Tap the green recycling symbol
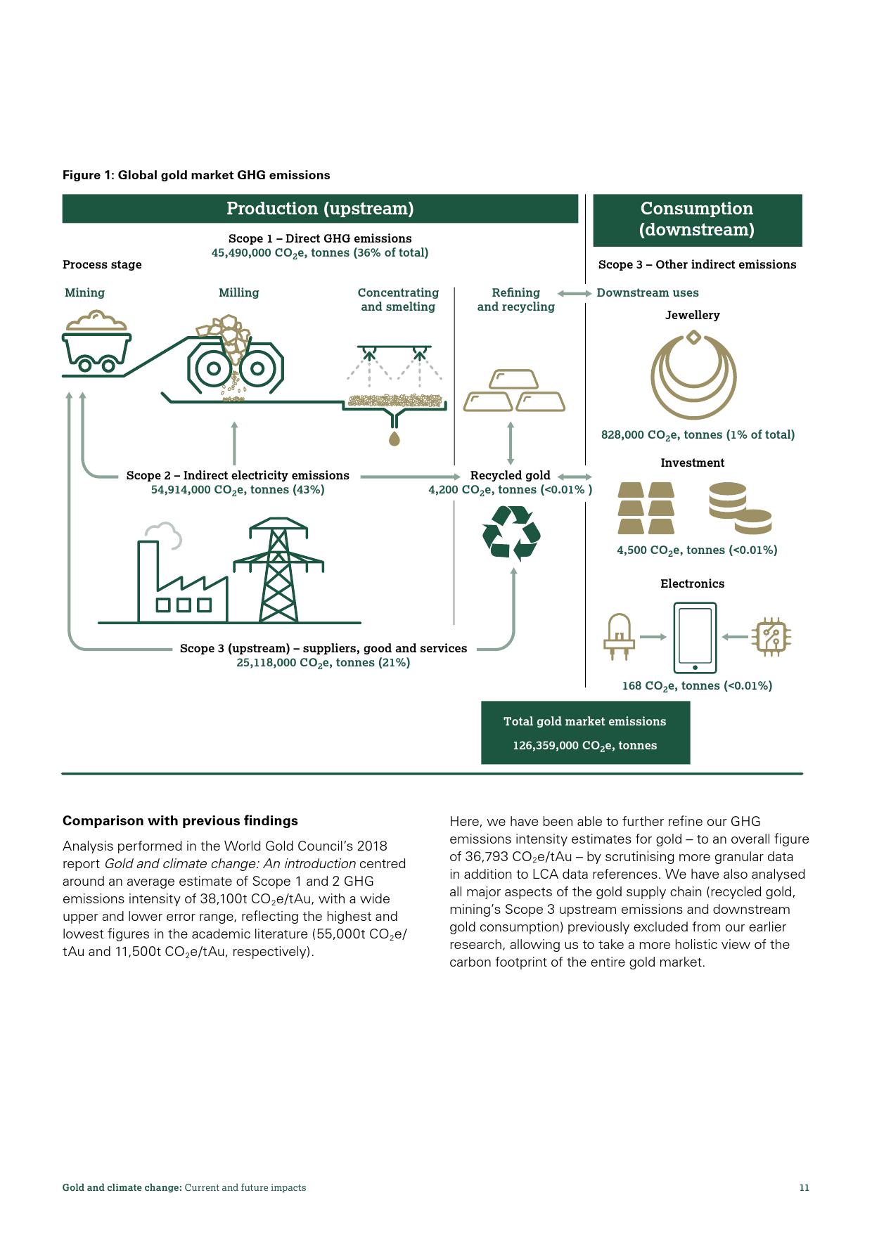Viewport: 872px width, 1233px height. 511,534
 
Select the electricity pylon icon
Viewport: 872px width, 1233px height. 278,570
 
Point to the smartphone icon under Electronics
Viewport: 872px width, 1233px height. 695,638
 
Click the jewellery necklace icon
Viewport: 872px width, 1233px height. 693,375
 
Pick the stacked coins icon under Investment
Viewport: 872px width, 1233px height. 739,508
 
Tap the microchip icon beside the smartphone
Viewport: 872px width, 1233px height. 771,637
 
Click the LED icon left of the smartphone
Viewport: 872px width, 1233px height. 619,637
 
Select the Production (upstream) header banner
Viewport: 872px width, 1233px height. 320,209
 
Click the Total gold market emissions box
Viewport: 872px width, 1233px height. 585,732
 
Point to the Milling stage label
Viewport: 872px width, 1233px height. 238,292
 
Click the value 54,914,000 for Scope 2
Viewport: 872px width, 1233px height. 181,490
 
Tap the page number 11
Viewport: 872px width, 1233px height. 804,1187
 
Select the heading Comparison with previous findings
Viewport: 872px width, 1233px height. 180,821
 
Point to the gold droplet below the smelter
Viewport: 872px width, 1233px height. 395,439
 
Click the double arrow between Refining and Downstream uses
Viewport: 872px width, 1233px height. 575,293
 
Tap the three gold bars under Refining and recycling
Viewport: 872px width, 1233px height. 514,391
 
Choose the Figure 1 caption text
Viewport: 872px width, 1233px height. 196,175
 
